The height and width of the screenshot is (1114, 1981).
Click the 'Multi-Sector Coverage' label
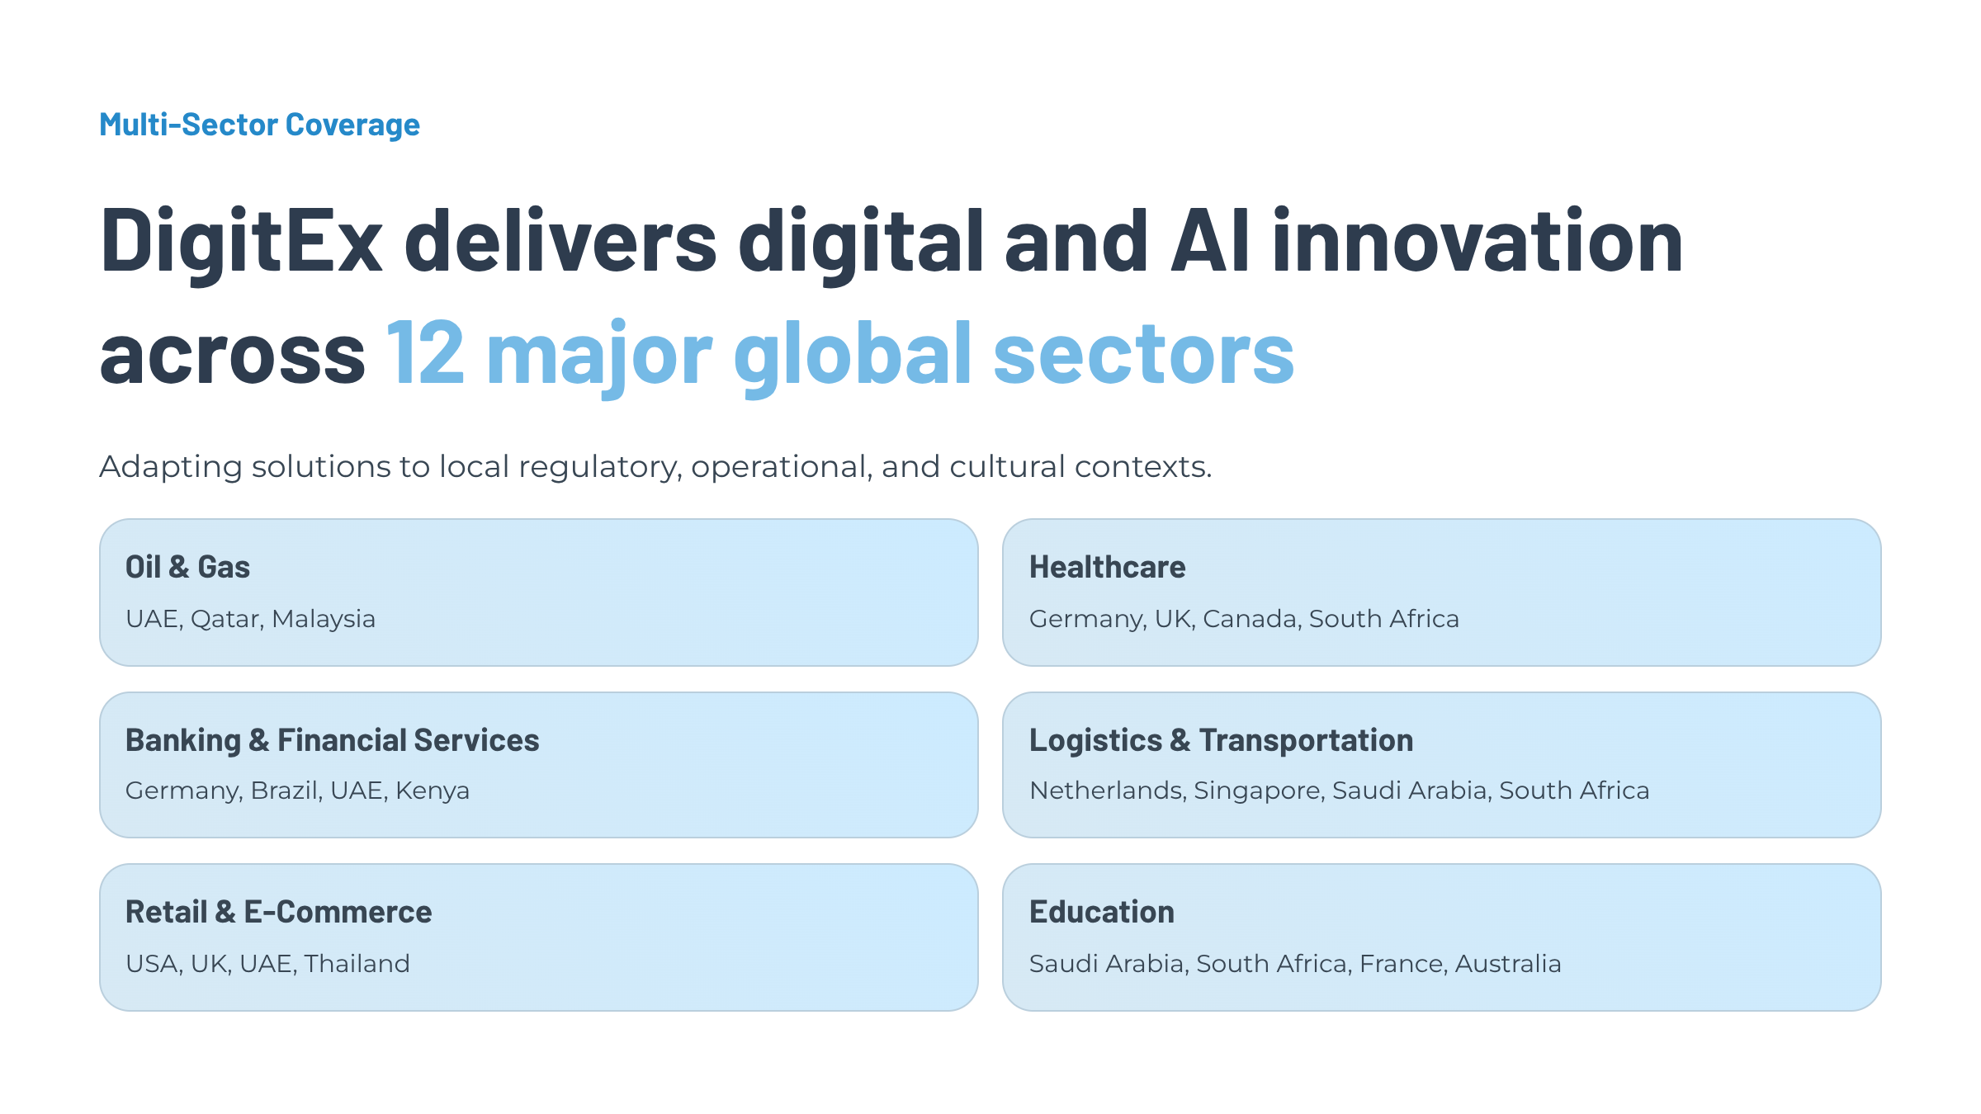(x=259, y=125)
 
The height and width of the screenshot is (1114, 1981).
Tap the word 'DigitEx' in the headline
(x=241, y=241)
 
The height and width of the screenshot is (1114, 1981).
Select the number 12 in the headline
(x=425, y=353)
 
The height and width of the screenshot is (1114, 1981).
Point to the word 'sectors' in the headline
(x=1143, y=353)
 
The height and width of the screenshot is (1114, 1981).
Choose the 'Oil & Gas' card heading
(x=187, y=567)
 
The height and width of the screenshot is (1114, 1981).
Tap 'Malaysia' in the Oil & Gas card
(x=324, y=618)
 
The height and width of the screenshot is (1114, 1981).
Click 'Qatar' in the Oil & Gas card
(x=227, y=619)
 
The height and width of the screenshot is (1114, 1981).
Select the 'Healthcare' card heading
(x=1107, y=567)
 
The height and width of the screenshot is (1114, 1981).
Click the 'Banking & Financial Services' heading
(x=332, y=740)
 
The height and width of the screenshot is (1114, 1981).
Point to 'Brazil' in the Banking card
(x=286, y=791)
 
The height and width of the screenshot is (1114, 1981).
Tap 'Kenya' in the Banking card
(x=433, y=791)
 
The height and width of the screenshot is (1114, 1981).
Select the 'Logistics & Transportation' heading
(x=1221, y=740)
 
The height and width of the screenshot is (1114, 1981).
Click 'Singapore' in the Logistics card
(x=1259, y=791)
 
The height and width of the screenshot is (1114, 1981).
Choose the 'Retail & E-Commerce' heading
(x=278, y=912)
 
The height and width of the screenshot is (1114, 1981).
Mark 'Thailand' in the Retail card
(x=357, y=963)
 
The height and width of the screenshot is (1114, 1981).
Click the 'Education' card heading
(x=1101, y=912)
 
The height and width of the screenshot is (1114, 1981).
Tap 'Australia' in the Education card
(x=1508, y=963)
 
